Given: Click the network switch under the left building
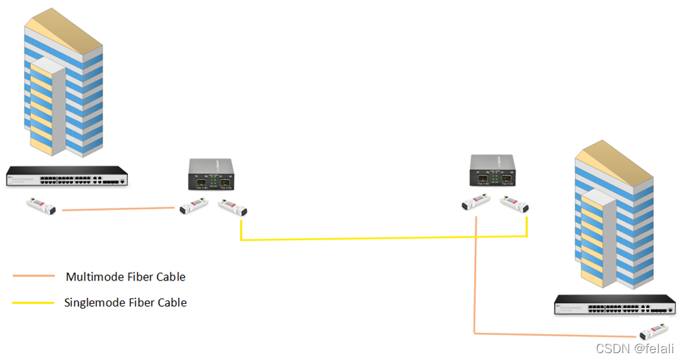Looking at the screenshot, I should tap(67, 177).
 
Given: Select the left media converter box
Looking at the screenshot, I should tap(211, 174).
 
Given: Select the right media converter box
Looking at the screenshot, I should tap(492, 170).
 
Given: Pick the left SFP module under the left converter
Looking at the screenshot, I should tap(193, 206).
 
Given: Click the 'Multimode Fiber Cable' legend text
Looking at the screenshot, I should tap(125, 277).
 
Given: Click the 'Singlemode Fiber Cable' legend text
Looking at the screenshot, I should tap(125, 303).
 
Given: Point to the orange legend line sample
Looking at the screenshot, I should tap(33, 277).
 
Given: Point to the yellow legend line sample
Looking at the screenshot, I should tap(33, 303).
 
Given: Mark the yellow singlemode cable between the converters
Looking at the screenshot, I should tap(383, 238).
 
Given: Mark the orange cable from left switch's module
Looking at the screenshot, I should tap(116, 209).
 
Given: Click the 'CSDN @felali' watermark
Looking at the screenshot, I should tap(635, 349).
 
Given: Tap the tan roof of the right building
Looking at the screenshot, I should tap(616, 157).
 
